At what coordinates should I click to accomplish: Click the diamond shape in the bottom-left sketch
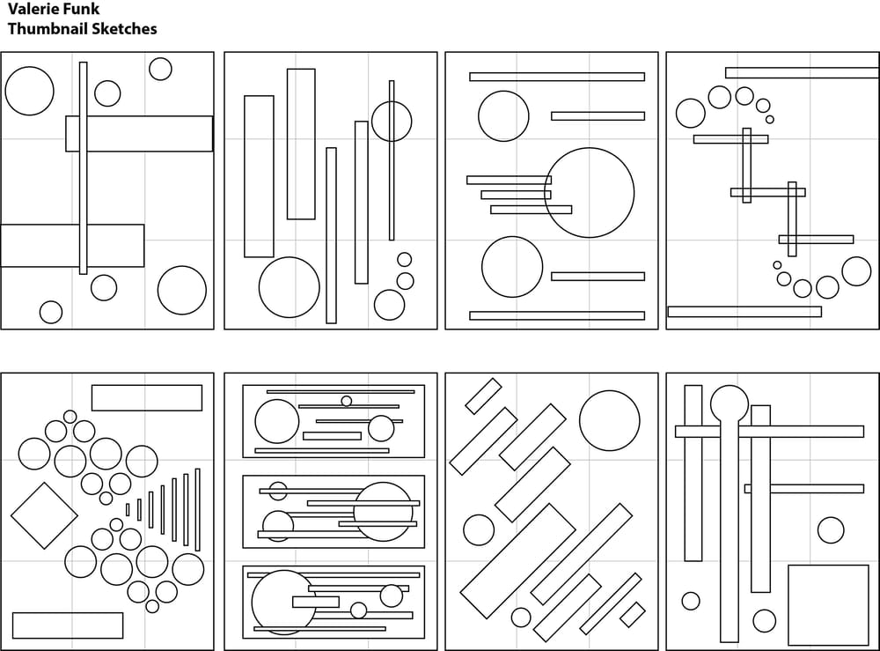pos(44,515)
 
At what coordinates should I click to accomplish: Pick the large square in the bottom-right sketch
pos(828,605)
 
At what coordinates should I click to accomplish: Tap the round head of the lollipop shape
pos(729,403)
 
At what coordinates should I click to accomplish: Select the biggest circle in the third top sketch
pos(589,193)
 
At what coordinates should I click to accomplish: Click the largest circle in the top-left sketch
pos(29,91)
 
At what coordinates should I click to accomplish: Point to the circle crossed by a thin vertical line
pos(392,122)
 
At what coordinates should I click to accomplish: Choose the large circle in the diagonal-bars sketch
pos(609,420)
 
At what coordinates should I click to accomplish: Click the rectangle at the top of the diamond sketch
pos(146,397)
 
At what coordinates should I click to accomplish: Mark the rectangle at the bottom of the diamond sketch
pos(68,625)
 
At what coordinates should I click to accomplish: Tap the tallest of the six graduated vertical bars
pos(197,509)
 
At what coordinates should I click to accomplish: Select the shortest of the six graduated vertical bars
pos(128,509)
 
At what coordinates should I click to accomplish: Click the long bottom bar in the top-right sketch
pos(744,311)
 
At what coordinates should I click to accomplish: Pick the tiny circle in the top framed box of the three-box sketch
pos(346,401)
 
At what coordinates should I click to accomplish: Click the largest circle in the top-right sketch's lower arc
pos(855,271)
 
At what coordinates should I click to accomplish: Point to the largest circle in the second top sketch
pos(289,287)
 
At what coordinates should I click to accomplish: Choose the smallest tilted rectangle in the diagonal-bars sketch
pos(632,614)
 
